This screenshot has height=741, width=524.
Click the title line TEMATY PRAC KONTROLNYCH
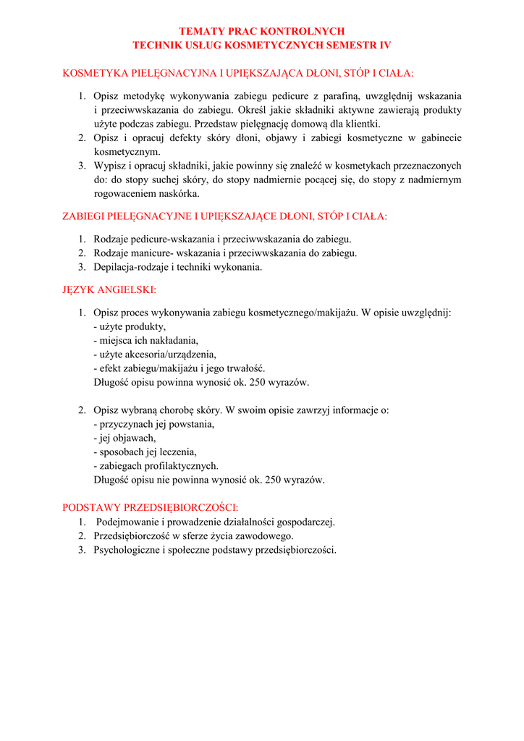coord(261,31)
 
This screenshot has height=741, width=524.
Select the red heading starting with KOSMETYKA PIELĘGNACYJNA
coord(238,73)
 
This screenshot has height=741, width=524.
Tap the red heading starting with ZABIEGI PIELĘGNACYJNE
coord(224,216)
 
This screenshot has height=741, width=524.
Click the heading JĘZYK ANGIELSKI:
coord(109,290)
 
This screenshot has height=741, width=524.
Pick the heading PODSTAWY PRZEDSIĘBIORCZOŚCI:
coord(151,507)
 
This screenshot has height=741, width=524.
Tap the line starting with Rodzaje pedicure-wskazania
coord(222,239)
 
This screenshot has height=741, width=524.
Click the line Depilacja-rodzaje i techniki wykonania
coord(177,267)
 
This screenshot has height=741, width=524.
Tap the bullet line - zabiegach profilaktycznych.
coord(156,466)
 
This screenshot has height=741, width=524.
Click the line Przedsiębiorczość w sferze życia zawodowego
coord(193,535)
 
